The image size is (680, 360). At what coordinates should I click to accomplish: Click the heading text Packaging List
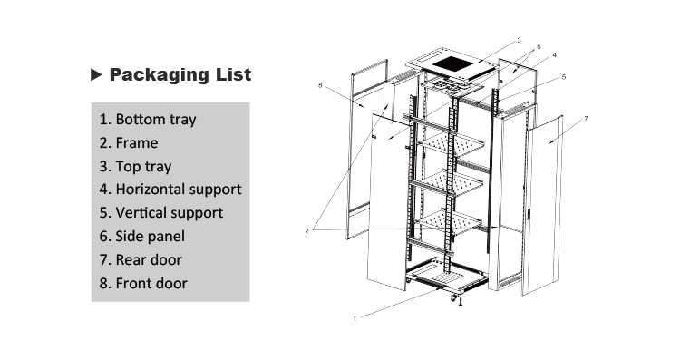pos(180,75)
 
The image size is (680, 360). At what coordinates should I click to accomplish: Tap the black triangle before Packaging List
pos(96,75)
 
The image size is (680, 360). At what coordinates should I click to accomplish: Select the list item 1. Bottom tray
pos(148,119)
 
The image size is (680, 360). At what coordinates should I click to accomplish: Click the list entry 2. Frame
pos(129,142)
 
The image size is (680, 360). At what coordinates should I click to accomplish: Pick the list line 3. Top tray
pos(135,166)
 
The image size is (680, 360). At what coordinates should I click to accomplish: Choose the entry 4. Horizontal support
pos(170,190)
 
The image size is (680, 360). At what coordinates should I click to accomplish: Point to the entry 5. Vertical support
pos(161,213)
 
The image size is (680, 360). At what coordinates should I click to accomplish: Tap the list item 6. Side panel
pos(142,237)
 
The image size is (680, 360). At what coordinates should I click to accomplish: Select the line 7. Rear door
pos(141,260)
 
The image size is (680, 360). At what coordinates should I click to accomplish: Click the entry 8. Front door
pos(143,284)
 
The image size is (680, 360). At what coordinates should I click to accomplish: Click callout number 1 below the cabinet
pos(355,318)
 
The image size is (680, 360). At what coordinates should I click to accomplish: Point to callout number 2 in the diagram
pos(307,230)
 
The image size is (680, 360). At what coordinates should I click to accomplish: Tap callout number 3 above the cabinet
pos(519,40)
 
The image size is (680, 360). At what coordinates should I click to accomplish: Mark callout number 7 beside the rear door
pos(586,119)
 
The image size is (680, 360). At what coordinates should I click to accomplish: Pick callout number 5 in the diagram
pos(563,78)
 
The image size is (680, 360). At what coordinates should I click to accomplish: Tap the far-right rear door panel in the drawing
pos(541,204)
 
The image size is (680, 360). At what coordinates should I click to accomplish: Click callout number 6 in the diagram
pos(539,45)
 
